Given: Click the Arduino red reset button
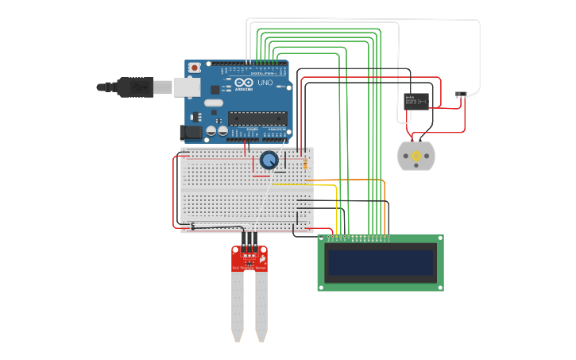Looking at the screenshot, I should [x=194, y=68].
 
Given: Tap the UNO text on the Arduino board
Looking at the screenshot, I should [x=265, y=83].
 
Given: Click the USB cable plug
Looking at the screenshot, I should [x=135, y=87].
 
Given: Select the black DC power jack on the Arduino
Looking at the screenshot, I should [x=191, y=132].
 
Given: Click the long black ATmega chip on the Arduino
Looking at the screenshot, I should [x=257, y=118].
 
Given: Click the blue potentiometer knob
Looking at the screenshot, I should [x=269, y=161].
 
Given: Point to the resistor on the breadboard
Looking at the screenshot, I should [x=305, y=163].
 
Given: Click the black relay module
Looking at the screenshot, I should [x=416, y=100].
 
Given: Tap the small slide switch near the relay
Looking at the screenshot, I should [x=460, y=95].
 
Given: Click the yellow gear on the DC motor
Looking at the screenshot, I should [x=416, y=156].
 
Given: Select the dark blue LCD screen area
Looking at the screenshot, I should [x=381, y=262].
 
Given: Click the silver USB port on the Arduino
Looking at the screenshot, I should [x=187, y=87].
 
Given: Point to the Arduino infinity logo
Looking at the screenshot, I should [x=244, y=83].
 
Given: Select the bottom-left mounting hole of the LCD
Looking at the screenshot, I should [x=323, y=286].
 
